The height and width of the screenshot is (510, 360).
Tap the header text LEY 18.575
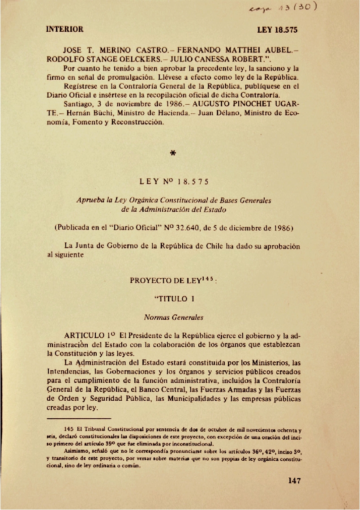click(x=278, y=30)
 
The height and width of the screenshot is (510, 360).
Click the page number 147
click(x=294, y=481)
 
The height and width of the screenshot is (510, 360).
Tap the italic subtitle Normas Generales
click(x=173, y=317)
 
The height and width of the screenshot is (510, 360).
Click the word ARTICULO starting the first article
click(x=84, y=335)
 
